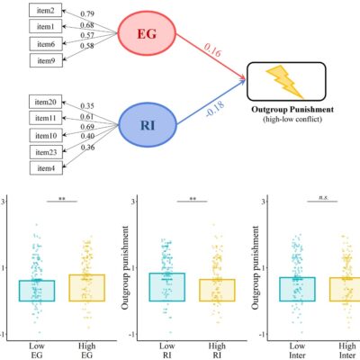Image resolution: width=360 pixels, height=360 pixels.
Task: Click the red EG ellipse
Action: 147,33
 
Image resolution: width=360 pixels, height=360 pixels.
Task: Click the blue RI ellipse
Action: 148,125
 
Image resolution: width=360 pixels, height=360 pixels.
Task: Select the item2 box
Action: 46,11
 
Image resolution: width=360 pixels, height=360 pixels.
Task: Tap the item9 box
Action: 46,60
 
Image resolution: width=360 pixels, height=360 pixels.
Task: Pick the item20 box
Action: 46,102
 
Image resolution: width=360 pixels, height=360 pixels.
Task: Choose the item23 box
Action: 46,152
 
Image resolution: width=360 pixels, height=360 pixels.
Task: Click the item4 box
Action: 46,167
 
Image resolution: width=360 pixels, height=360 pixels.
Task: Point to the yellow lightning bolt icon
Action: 284,82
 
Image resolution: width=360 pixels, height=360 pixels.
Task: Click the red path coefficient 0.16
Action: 212,50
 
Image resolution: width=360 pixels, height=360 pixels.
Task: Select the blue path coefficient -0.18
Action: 215,110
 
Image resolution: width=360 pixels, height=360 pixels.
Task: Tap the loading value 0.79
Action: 87,13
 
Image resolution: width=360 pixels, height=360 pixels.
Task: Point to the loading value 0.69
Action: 87,127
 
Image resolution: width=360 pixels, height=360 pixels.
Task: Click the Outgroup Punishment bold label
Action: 292,109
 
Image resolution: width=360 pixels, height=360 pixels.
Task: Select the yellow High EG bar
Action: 87,288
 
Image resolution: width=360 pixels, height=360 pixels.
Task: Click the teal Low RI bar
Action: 167,287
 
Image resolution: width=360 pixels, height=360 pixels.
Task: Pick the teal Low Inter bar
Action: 297,289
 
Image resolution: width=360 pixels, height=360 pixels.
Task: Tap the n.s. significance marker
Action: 323,197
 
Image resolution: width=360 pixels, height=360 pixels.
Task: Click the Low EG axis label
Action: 36,350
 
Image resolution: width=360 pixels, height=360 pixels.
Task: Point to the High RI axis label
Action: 217,350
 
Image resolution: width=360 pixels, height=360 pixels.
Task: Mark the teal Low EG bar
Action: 37,291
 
